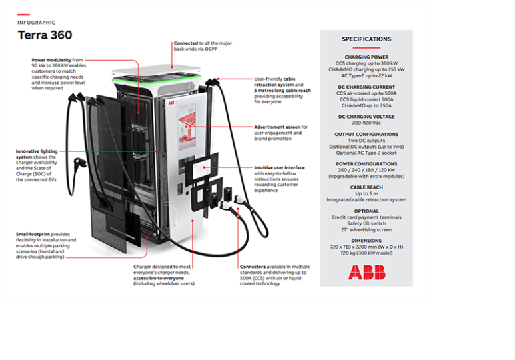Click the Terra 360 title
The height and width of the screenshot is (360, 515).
(x=45, y=35)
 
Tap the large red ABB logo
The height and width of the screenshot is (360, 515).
(x=366, y=273)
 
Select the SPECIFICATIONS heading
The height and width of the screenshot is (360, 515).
(x=366, y=39)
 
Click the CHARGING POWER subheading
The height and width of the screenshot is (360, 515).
(x=366, y=57)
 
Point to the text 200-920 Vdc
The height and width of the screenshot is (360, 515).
(x=366, y=123)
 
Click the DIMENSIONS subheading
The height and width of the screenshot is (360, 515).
(x=366, y=241)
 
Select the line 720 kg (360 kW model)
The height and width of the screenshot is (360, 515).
(x=366, y=253)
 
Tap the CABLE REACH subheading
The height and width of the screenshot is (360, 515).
(x=366, y=187)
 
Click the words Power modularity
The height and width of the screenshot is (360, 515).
(x=51, y=60)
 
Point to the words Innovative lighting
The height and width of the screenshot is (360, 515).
(x=37, y=151)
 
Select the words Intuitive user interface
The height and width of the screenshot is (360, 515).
(x=279, y=168)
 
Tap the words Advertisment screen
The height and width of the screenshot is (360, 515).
(x=277, y=127)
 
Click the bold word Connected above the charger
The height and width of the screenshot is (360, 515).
(x=186, y=43)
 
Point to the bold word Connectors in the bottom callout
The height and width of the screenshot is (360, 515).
(x=253, y=267)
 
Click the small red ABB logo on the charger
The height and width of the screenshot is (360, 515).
(x=171, y=103)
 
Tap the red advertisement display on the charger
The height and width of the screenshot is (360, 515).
(x=187, y=127)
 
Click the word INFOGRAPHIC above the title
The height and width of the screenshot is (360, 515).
(x=37, y=23)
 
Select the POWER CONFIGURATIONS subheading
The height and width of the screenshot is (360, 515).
(x=366, y=164)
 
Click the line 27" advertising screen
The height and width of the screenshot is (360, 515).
(x=366, y=229)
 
